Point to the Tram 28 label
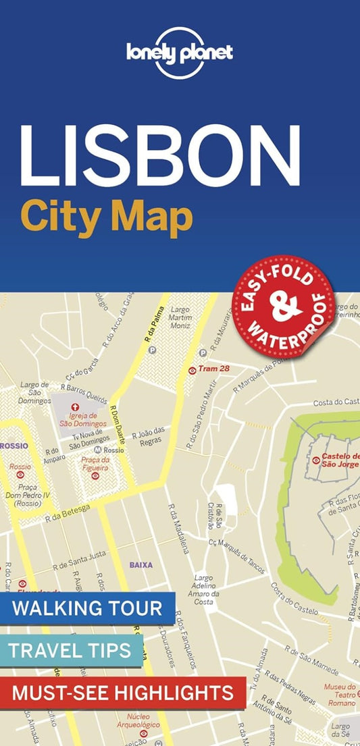(x=215, y=370)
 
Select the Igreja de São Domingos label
(x=93, y=420)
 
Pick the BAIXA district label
(x=141, y=564)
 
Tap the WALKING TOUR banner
(x=88, y=608)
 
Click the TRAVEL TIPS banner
(x=71, y=651)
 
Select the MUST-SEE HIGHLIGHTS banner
(x=122, y=692)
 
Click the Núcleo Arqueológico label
(x=143, y=721)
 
